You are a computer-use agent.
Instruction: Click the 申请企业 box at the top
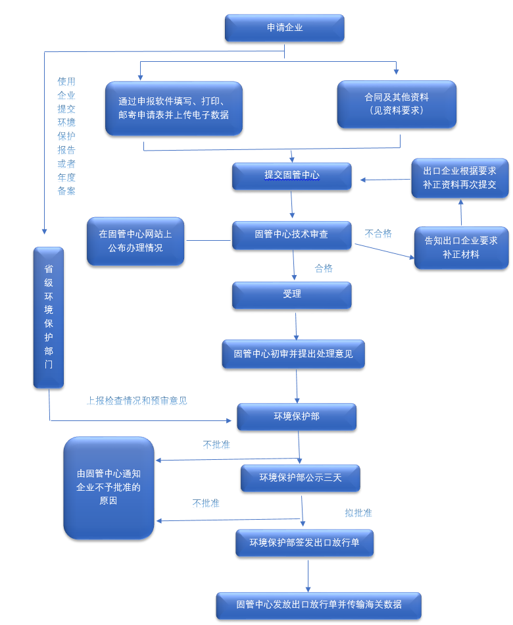coord(284,28)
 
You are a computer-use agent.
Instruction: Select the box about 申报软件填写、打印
coord(174,108)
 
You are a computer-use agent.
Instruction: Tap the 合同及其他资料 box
coord(397,104)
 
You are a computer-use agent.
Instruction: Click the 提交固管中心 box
coord(291,176)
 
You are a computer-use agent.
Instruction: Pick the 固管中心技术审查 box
coord(291,234)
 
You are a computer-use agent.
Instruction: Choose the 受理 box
coord(291,295)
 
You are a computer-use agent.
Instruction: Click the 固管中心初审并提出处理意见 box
coord(293,354)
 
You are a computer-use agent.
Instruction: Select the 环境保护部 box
coord(297,416)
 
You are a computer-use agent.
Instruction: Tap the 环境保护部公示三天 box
coord(300,478)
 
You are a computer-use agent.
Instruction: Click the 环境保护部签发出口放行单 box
coord(305,543)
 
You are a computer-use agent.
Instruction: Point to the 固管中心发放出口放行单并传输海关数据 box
coord(318,605)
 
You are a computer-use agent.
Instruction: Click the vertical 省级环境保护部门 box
coord(49,316)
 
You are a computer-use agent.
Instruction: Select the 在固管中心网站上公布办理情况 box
coord(135,241)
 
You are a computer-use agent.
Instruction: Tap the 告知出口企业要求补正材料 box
coord(461,247)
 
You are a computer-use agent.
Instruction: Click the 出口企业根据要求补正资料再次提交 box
coord(460,178)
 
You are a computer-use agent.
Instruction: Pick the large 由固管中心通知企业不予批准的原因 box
coord(109,488)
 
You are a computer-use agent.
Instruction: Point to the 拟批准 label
coord(358,512)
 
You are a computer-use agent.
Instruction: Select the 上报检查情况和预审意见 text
coord(137,400)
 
